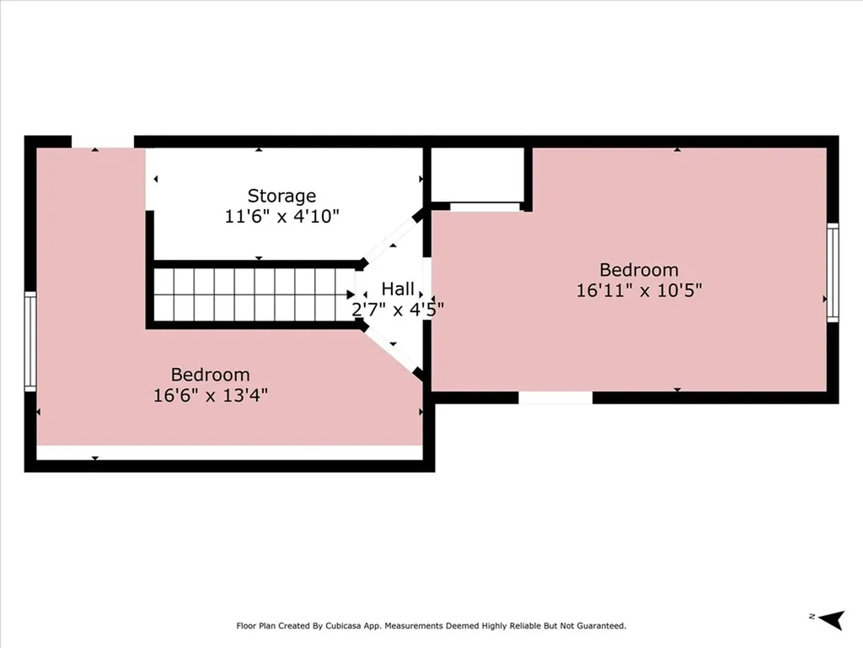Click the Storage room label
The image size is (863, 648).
281,196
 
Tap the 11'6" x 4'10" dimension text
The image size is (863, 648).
281,216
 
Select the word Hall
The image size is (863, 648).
397,289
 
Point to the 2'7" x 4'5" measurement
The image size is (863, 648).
397,309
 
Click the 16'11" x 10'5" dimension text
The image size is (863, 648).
639,290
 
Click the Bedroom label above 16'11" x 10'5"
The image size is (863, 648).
639,270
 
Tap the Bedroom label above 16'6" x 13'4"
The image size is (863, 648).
210,374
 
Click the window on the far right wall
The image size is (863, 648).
833,272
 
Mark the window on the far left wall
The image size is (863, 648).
30,340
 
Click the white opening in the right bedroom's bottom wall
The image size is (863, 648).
555,397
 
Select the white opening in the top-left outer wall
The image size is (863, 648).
102,142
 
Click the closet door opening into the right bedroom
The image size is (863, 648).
485,206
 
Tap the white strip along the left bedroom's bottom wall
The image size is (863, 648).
229,453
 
